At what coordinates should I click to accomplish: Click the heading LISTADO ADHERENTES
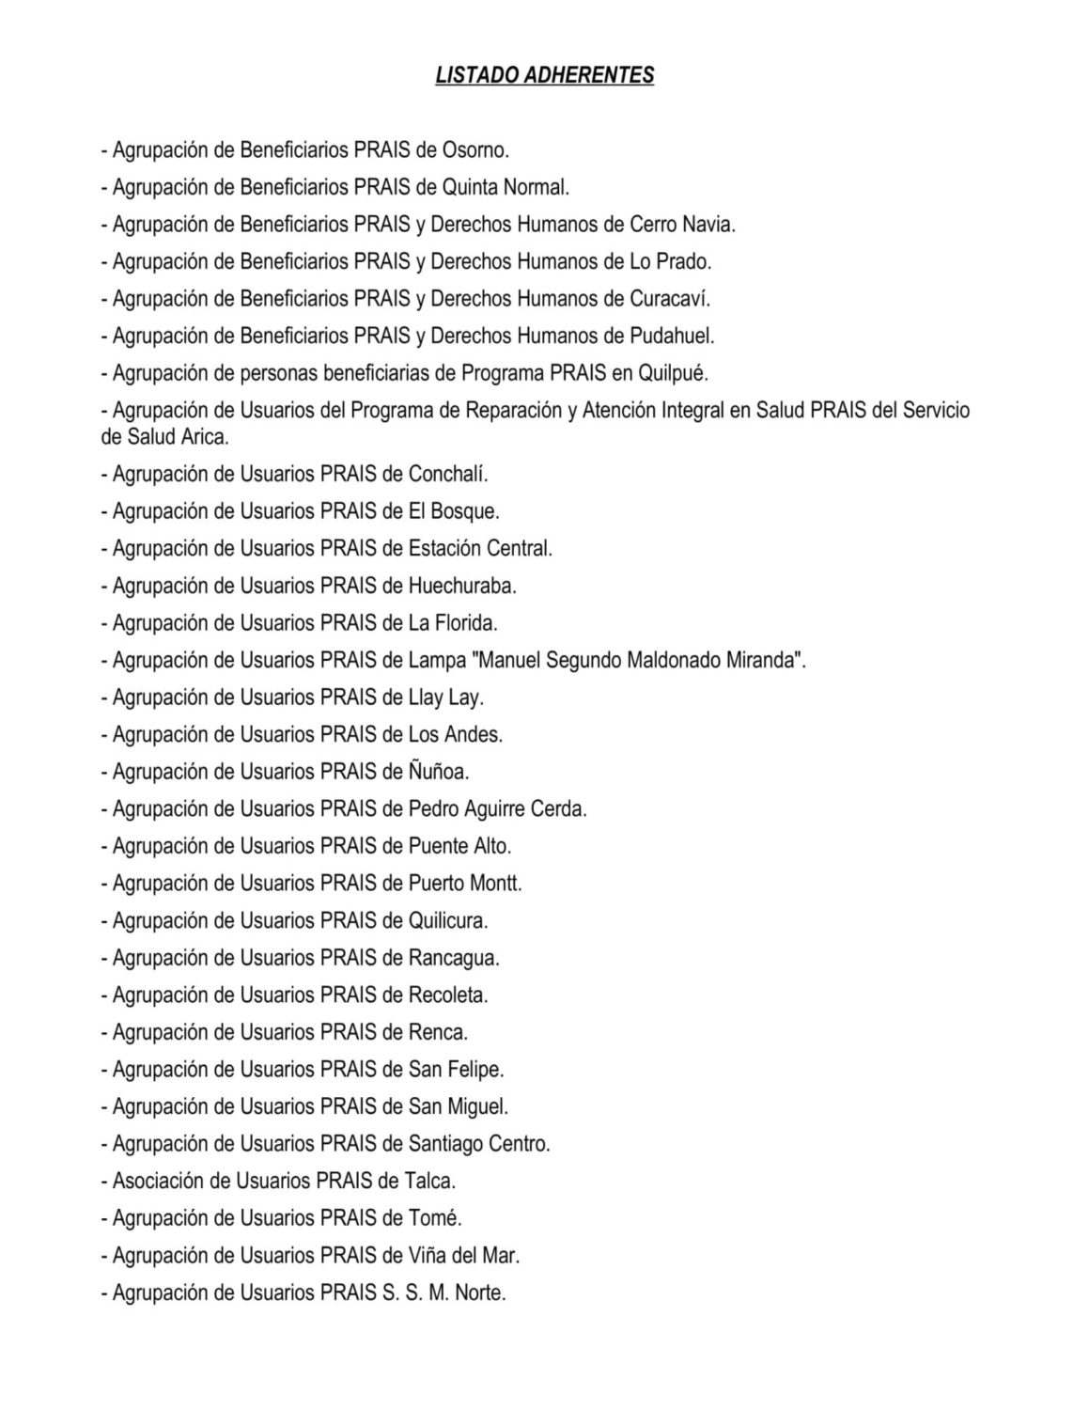click(544, 75)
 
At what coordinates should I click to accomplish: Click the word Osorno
click(475, 149)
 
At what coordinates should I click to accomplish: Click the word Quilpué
click(673, 373)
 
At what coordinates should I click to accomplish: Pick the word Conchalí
click(448, 474)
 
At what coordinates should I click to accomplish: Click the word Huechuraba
click(462, 586)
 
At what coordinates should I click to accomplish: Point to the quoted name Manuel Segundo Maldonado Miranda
click(638, 660)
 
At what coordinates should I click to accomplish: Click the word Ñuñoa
click(438, 772)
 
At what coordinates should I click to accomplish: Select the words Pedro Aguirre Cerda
click(497, 808)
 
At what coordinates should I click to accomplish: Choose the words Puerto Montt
click(465, 883)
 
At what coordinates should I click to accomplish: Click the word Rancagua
click(454, 958)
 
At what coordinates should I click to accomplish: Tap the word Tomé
click(435, 1218)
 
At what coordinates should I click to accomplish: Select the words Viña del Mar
click(464, 1255)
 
